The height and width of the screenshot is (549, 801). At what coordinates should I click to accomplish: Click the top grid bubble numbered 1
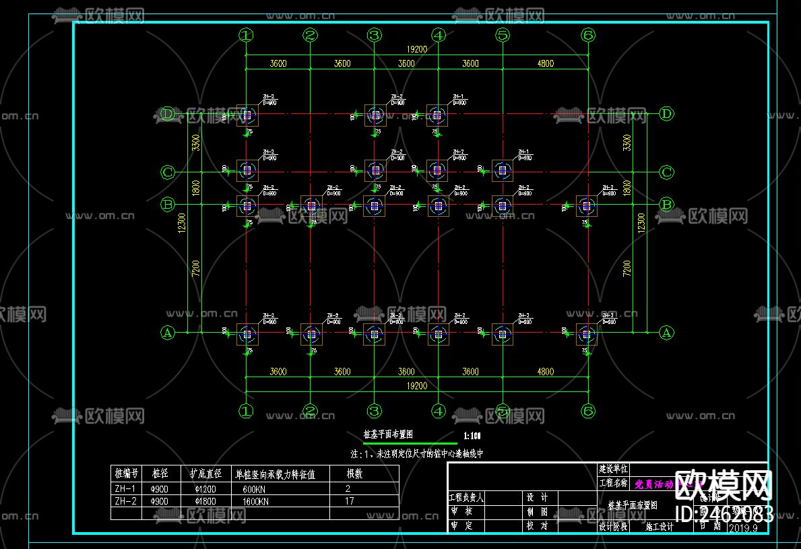pyautogui.click(x=246, y=35)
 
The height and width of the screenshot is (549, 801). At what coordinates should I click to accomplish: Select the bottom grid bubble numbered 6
pyautogui.click(x=588, y=410)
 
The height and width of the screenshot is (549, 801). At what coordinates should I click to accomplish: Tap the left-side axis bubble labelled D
pyautogui.click(x=168, y=114)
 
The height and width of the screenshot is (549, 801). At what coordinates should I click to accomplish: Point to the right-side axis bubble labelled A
pyautogui.click(x=666, y=332)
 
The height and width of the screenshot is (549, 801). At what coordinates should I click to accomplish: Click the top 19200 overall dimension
pyautogui.click(x=416, y=49)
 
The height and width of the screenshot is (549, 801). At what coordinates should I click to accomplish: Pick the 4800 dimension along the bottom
pyautogui.click(x=545, y=372)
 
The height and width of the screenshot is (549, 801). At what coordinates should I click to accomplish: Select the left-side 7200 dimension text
pyautogui.click(x=195, y=269)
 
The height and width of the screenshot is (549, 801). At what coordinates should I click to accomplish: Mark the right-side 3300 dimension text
pyautogui.click(x=627, y=143)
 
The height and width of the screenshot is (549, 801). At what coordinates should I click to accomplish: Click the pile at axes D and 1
pyautogui.click(x=247, y=115)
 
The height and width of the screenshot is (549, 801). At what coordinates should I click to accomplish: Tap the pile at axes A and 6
pyautogui.click(x=586, y=333)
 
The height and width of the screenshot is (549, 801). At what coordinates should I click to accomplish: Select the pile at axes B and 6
pyautogui.click(x=586, y=205)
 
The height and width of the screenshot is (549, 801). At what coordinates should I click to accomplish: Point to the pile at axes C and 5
pyautogui.click(x=501, y=170)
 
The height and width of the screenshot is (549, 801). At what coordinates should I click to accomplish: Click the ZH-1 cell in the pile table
pyautogui.click(x=125, y=488)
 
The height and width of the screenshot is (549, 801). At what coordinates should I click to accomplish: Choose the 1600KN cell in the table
pyautogui.click(x=255, y=501)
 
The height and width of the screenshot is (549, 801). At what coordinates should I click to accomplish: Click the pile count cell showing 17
pyautogui.click(x=349, y=501)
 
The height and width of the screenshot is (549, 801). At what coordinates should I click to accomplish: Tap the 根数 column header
pyautogui.click(x=354, y=474)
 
